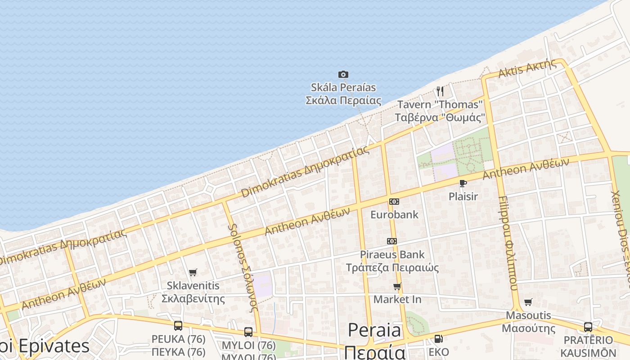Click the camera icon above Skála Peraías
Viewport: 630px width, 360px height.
coord(343,74)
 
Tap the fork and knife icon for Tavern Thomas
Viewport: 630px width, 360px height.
coord(440,91)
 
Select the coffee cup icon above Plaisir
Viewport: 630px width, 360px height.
coord(463,183)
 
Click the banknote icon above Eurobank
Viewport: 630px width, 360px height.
coord(394,201)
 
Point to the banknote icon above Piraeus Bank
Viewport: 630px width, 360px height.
coord(392,241)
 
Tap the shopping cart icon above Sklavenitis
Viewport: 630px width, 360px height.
coord(193,272)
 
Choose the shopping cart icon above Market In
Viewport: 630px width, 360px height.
coord(397,286)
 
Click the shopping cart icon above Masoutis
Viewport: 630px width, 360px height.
coord(528,302)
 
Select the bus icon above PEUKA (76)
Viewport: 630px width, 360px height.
coord(178,325)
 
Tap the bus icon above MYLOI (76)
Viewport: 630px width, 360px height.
coord(248,332)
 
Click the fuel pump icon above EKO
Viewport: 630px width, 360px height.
coord(438,339)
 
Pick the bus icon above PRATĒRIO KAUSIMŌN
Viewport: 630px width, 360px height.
coord(588,327)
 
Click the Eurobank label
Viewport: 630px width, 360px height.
coord(394,215)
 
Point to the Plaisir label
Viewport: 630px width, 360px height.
coord(463,197)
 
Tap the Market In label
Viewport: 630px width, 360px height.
coord(397,299)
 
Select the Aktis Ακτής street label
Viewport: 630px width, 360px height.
coord(527,70)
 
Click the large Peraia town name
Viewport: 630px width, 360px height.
coord(374,331)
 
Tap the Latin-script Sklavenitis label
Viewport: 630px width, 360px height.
coord(193,286)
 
